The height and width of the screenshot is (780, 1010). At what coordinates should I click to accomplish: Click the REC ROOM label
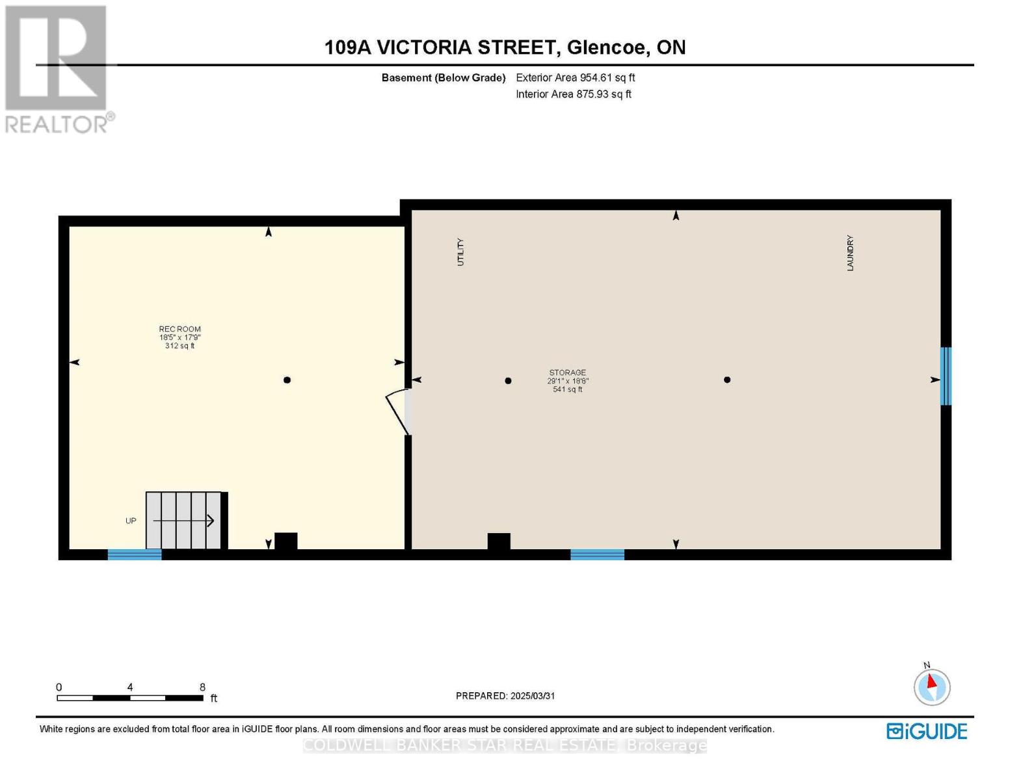tap(180, 330)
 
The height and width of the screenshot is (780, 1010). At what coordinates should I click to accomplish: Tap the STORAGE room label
tap(567, 373)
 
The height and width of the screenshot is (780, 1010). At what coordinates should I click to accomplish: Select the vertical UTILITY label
tap(460, 252)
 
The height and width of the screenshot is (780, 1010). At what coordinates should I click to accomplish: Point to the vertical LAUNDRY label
tap(850, 253)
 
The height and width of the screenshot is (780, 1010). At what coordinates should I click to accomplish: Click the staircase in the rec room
tap(185, 520)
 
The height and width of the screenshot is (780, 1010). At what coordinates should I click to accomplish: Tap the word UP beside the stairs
tap(131, 521)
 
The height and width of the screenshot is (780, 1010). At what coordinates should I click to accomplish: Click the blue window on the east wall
tap(946, 376)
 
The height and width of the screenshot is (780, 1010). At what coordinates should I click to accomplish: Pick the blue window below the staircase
tap(135, 554)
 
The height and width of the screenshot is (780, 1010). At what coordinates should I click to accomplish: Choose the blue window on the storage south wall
tap(597, 554)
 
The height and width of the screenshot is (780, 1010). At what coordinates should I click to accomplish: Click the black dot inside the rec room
tap(287, 380)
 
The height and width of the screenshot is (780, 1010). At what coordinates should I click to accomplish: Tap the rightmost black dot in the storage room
tap(727, 380)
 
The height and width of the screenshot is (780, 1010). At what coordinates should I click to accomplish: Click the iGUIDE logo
tap(927, 731)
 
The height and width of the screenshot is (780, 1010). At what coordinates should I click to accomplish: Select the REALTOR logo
tap(57, 68)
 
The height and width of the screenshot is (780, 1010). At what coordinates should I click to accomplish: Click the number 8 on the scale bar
tap(202, 687)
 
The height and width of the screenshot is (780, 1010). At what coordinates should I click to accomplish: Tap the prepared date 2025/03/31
tap(533, 695)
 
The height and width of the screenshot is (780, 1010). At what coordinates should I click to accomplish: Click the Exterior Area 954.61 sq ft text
tap(575, 77)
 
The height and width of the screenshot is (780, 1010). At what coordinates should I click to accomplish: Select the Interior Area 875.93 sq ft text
tap(573, 94)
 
